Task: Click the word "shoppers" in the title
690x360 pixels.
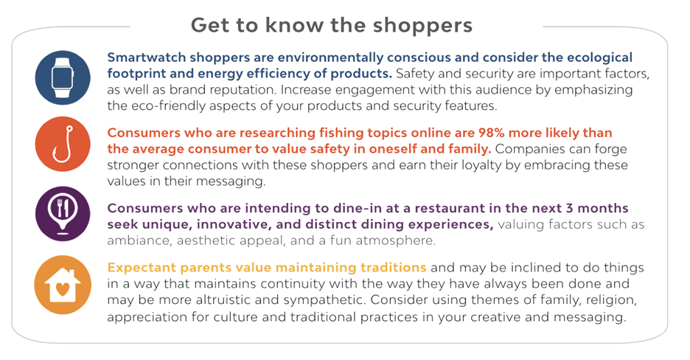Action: tap(422, 26)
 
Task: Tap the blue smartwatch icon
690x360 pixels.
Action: tap(63, 78)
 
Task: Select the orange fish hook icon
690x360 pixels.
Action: tap(63, 145)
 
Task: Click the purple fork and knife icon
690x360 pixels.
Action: tap(63, 214)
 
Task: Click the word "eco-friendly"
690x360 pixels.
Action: tap(162, 106)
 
